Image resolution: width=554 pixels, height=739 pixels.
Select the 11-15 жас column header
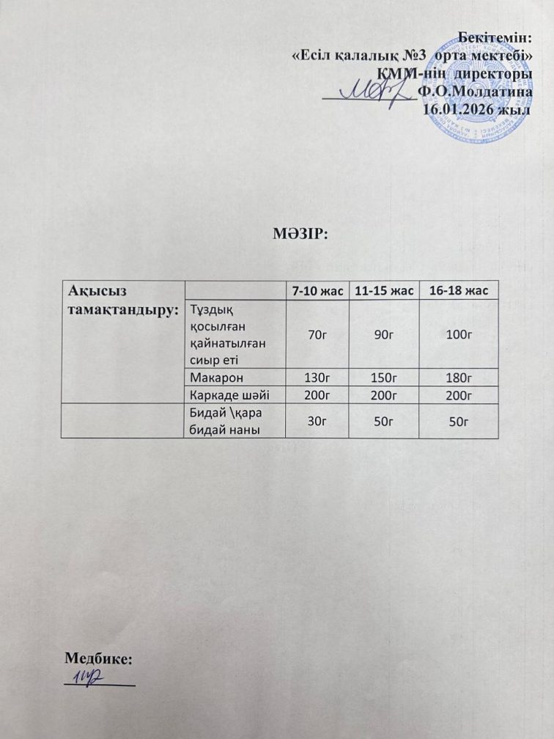383,292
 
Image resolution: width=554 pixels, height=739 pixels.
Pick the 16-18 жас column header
457,292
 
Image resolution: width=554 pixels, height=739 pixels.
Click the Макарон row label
215,377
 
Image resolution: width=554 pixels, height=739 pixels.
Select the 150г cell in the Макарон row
383,377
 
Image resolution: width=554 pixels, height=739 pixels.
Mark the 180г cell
457,377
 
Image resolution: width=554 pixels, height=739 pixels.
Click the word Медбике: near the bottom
99,659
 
